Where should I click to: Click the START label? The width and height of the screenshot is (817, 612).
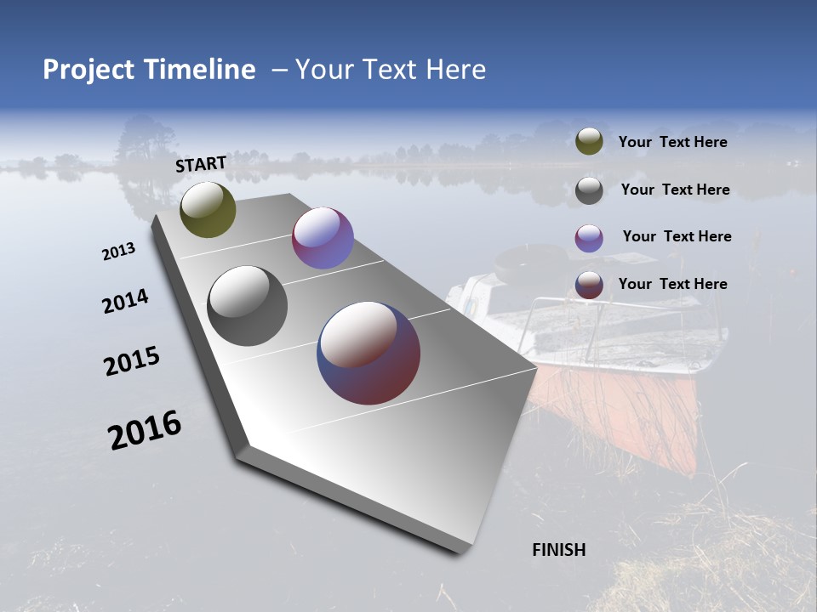coord(201,164)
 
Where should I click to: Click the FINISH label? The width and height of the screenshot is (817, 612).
coord(559,550)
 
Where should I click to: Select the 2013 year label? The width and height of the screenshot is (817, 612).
coord(119,252)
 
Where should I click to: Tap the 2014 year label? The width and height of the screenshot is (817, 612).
coord(125,302)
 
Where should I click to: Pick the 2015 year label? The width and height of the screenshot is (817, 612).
coord(131,361)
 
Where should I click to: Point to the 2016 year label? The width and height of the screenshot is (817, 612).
coord(145,430)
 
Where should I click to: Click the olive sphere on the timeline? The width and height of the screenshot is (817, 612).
coord(208,209)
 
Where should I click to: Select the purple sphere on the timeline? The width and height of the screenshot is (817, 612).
coord(323,238)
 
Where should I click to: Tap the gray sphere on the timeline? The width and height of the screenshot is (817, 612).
coord(247,306)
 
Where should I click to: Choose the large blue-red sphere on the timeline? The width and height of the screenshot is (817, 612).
coord(369,353)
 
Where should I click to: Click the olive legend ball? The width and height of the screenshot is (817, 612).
coord(589,142)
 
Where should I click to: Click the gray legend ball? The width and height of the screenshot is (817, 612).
coord(589,190)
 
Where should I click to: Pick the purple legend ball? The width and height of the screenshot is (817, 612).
coord(589,238)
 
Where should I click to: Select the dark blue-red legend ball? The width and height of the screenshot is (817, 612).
coord(589,285)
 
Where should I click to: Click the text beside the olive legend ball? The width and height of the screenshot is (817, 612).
coord(672,143)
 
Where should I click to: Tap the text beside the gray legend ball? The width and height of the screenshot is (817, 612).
coord(675,190)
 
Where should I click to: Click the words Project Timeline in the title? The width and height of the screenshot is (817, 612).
coord(149,70)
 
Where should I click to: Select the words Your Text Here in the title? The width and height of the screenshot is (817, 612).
coord(390,70)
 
